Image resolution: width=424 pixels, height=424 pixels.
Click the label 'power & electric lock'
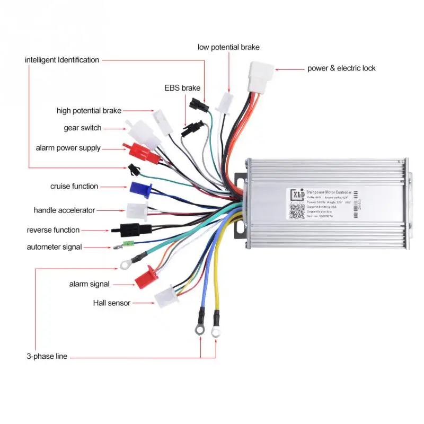341,68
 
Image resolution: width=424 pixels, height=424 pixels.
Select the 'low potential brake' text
228,47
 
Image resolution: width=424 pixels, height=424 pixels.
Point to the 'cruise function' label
74,187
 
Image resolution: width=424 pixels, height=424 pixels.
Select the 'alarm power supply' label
68,148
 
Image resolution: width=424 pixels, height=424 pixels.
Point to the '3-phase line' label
47,356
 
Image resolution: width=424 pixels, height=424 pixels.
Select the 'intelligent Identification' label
62,60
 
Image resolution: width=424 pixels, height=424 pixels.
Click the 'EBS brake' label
182,88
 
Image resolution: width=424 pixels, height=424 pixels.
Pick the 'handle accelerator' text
64,210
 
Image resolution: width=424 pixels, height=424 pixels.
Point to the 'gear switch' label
83,128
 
